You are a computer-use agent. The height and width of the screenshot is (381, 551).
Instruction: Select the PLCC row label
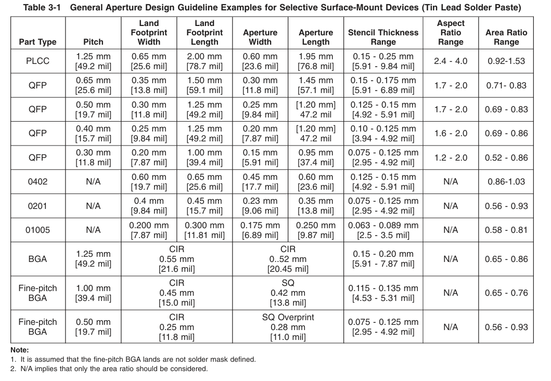[37, 61]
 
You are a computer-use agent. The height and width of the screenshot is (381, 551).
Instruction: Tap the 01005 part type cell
[37, 230]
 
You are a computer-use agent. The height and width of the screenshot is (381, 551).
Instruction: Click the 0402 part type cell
[37, 181]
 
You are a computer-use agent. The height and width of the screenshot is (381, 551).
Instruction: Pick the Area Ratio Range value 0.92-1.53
[506, 61]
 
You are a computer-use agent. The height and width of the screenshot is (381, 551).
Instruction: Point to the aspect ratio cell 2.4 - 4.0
[451, 61]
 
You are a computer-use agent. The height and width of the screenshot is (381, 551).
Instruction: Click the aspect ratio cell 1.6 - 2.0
[451, 134]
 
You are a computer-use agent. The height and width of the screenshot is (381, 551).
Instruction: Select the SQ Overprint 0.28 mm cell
[288, 327]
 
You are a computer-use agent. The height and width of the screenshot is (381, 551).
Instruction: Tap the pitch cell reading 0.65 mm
[93, 85]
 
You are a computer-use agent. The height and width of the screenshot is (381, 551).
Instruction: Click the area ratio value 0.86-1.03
[506, 181]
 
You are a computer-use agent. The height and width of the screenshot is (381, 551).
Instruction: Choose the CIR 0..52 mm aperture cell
[288, 259]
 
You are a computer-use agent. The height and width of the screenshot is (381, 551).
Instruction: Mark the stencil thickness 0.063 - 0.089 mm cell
[383, 230]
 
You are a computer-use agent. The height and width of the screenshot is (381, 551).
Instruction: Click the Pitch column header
[93, 42]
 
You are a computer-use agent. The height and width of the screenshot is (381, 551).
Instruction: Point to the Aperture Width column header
[260, 37]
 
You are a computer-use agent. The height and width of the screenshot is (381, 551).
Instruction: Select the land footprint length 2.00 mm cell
[204, 61]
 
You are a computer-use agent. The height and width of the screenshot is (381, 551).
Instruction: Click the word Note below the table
[20, 350]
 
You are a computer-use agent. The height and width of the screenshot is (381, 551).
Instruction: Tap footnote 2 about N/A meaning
[109, 369]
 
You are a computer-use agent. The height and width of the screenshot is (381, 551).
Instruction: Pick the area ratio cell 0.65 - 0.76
[506, 293]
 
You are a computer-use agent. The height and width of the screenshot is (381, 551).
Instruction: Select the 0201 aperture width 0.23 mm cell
[260, 206]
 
